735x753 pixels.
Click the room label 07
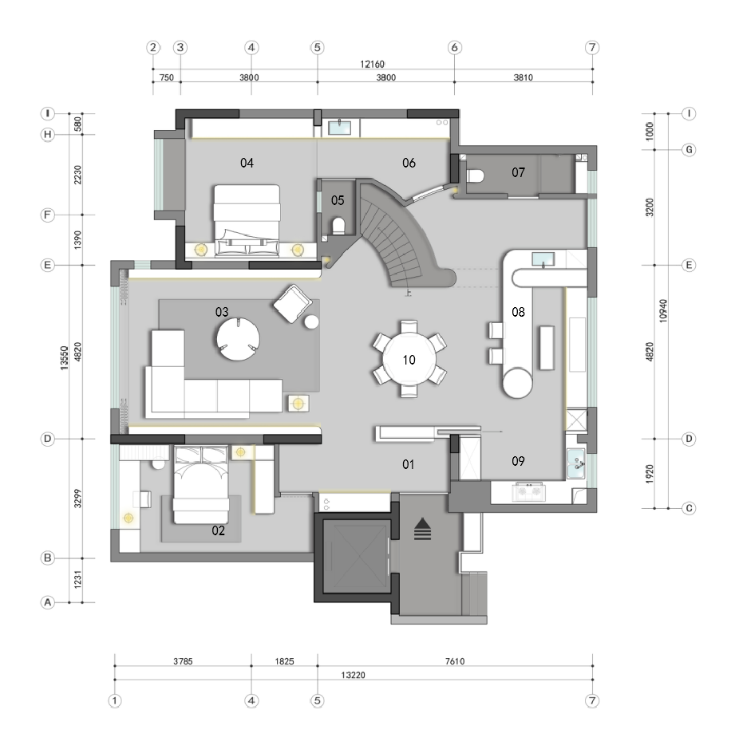pos(518,172)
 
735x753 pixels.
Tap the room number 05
pos(338,200)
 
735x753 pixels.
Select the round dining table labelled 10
pos(409,359)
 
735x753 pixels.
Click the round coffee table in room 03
pos(239,338)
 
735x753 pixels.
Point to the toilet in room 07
pos(475,175)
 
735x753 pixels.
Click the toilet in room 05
pos(338,226)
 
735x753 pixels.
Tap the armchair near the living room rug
pos(292,303)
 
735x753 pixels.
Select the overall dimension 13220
pos(353,675)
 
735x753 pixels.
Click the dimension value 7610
pos(455,661)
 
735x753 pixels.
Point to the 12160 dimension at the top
pos(373,64)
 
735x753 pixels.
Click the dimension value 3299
pos(78,499)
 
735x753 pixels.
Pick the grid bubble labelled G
pos(689,150)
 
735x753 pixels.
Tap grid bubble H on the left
pos(48,135)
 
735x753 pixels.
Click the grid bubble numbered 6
pos(454,48)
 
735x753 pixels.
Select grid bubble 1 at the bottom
pos(114,700)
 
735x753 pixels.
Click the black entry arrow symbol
pos(422,529)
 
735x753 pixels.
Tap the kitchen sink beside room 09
pos(575,463)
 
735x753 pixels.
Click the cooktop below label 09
pos(528,492)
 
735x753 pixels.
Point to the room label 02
pos(218,530)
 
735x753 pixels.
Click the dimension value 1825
pos(284,661)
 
